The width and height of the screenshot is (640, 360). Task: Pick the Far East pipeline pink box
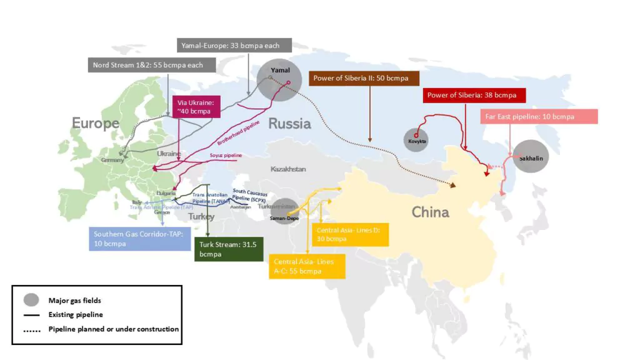pyautogui.click(x=538, y=117)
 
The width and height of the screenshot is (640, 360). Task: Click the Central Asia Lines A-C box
pyautogui.click(x=307, y=266)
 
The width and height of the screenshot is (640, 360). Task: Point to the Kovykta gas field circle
pyautogui.click(x=417, y=137)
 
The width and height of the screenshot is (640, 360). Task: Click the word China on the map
pyautogui.click(x=430, y=212)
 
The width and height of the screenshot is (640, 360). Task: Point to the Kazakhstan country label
pyautogui.click(x=288, y=169)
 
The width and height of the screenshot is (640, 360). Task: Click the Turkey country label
pyautogui.click(x=201, y=217)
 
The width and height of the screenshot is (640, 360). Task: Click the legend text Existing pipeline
pyautogui.click(x=76, y=314)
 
